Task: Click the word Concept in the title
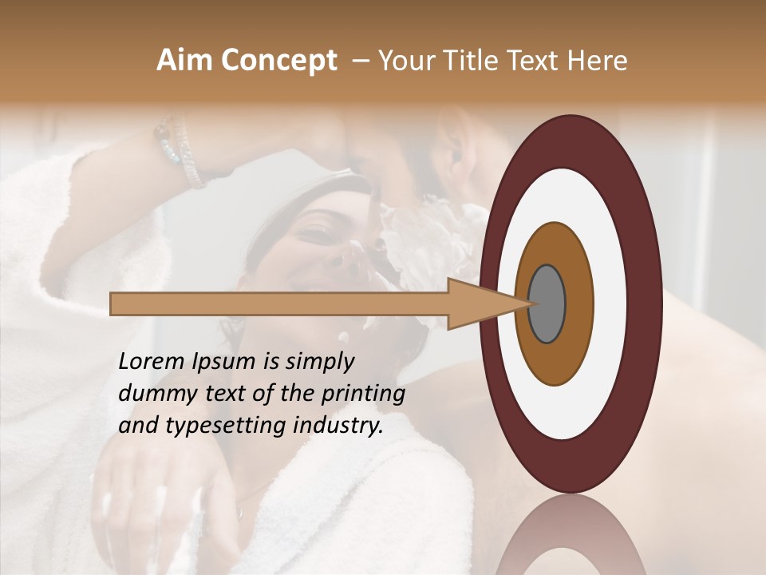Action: [279, 61]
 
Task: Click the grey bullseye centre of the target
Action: [547, 304]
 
